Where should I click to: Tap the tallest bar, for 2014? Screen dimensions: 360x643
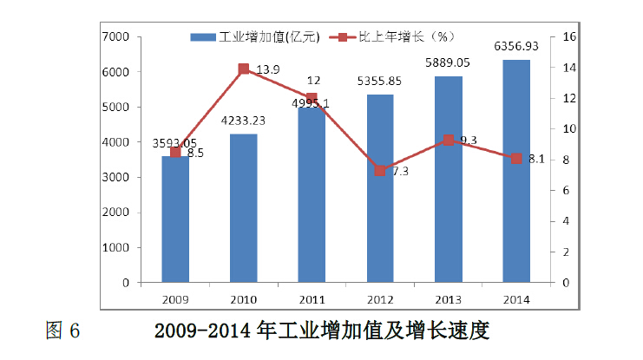click(x=516, y=173)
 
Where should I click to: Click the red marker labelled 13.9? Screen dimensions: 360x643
click(x=243, y=69)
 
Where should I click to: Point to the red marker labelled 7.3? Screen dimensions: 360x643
click(x=380, y=171)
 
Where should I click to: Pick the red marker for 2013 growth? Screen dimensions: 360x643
click(x=448, y=140)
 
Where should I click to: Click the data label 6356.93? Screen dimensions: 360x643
click(x=516, y=46)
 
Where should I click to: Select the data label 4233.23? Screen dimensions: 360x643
click(x=243, y=121)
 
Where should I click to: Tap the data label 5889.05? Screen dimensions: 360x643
click(x=448, y=63)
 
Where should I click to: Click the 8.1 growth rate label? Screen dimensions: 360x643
click(x=535, y=159)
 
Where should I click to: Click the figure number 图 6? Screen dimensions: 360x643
click(x=62, y=331)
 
